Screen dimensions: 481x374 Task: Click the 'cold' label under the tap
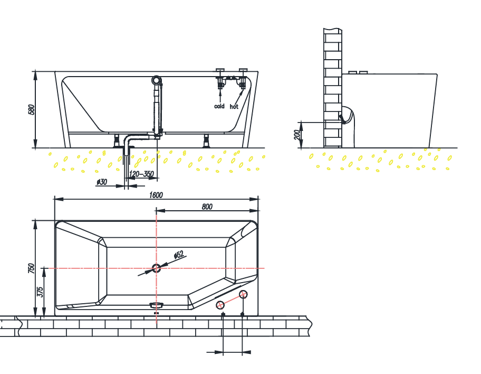(219, 106)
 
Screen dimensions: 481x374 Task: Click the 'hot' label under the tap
(234, 106)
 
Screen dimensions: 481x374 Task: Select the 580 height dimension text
(31, 109)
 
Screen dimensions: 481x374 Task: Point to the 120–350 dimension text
(141, 174)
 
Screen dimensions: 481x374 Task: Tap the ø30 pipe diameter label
(102, 182)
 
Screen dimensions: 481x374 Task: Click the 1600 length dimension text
(156, 195)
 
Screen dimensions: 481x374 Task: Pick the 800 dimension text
(207, 207)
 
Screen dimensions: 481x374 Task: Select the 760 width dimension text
(31, 268)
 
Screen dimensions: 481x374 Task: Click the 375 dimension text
(41, 292)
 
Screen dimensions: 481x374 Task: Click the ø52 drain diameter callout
(179, 256)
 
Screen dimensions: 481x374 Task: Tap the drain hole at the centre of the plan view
(156, 268)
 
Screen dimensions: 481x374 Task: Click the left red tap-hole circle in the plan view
(220, 304)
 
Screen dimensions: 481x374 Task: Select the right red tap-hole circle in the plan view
(243, 294)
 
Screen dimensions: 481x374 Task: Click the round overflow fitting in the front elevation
(157, 80)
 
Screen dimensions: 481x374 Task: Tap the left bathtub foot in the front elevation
(117, 141)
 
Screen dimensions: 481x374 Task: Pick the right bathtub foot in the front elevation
(207, 141)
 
